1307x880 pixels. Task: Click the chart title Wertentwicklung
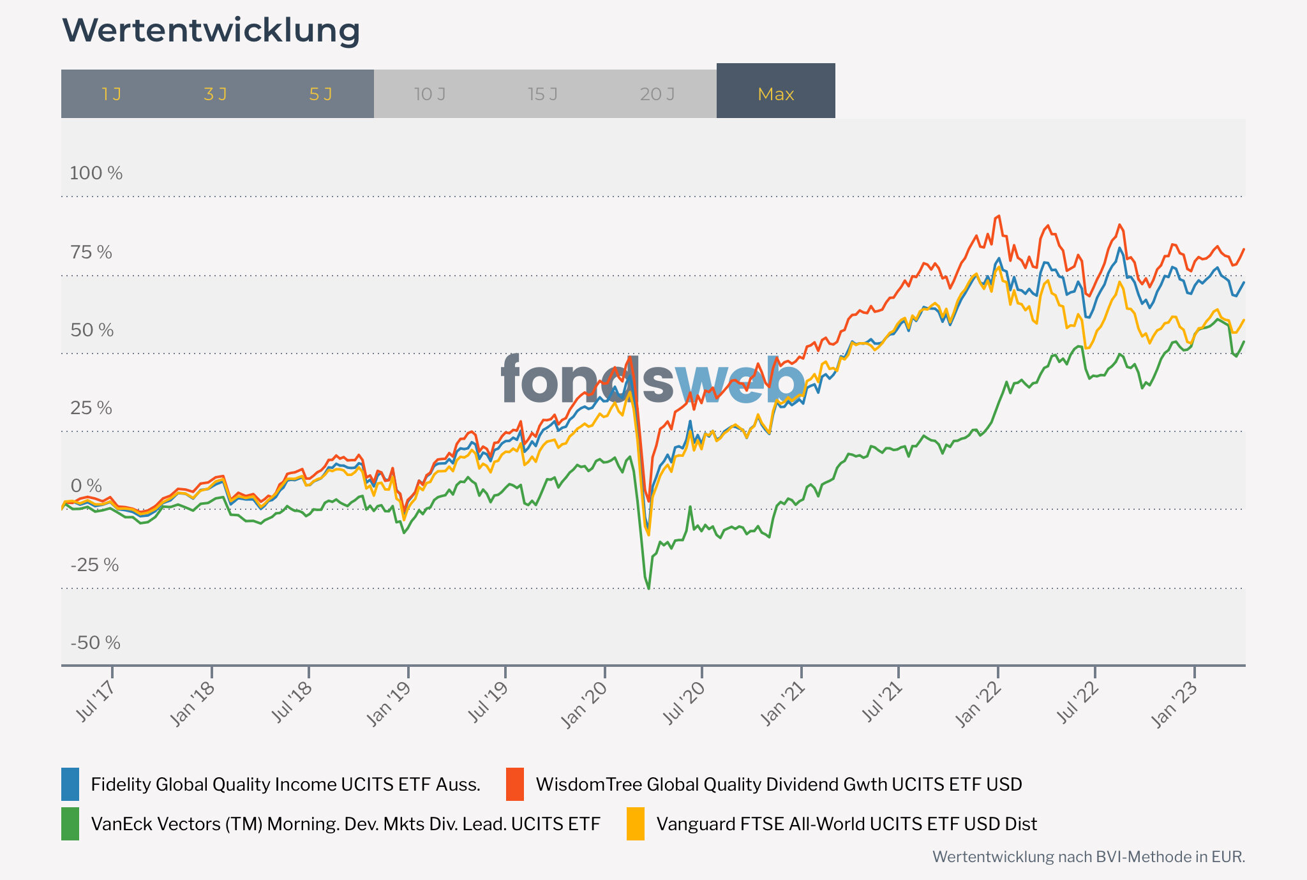point(211,31)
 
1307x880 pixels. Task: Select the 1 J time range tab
point(112,94)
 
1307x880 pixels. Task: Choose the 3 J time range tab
point(216,94)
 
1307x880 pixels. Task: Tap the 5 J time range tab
point(320,94)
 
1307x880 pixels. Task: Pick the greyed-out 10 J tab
point(429,94)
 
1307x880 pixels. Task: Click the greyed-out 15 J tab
point(542,94)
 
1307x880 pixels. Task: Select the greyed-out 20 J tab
point(657,94)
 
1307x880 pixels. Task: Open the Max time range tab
point(775,94)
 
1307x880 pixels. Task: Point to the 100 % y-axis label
point(96,173)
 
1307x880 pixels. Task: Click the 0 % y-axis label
point(86,486)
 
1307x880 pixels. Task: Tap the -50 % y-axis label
point(95,643)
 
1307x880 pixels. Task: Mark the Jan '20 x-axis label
point(585,705)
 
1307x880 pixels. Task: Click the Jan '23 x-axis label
point(1175,705)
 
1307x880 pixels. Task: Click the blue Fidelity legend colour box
point(70,784)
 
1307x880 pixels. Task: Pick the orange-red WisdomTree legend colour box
point(515,784)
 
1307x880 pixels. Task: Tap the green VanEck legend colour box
point(70,824)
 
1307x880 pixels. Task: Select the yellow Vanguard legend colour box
point(636,824)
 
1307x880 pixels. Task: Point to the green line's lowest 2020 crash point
point(649,588)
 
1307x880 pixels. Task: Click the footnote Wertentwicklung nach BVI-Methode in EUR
point(1088,856)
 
